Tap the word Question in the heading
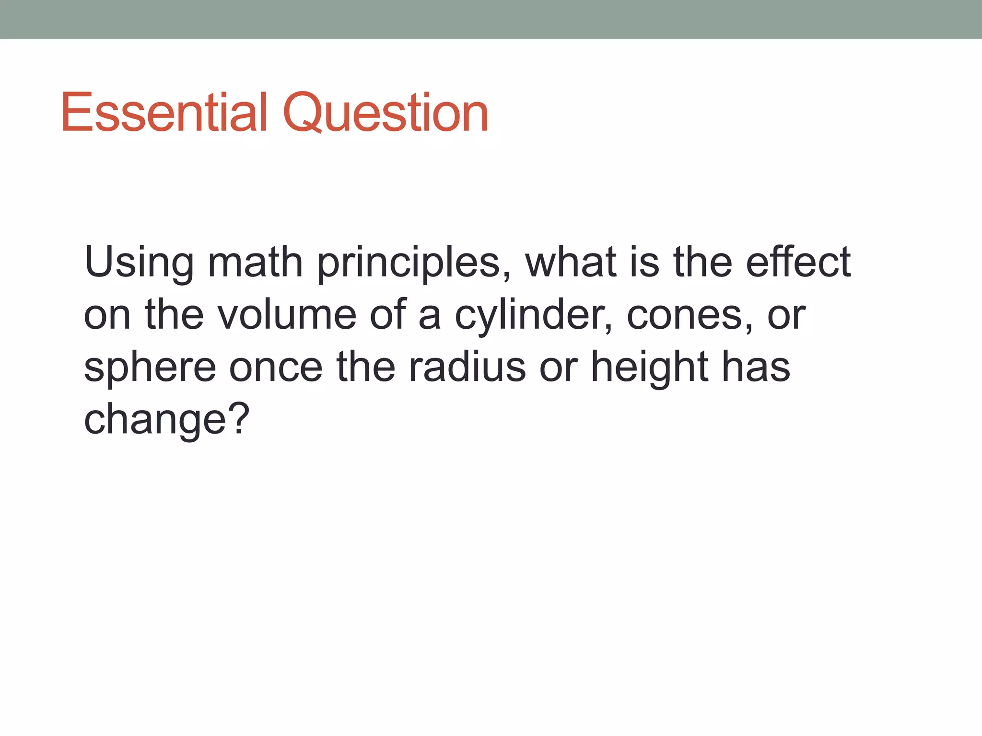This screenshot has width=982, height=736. [x=386, y=114]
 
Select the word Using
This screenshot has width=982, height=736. [x=139, y=263]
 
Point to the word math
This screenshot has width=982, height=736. [x=256, y=262]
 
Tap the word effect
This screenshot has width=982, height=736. [x=798, y=262]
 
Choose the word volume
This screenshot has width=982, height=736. [x=287, y=315]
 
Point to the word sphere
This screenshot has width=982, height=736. [x=150, y=368]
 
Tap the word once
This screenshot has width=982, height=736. [x=276, y=368]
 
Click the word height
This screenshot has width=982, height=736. [x=650, y=368]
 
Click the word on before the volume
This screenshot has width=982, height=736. [x=107, y=316]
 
